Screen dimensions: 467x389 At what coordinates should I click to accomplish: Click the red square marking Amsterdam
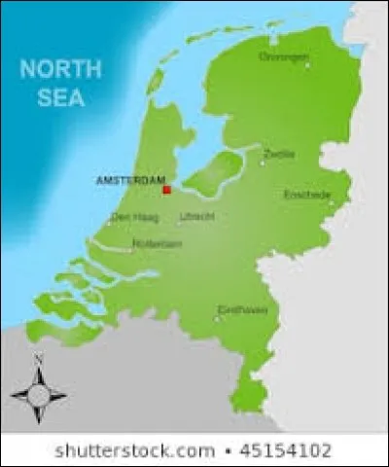click(166, 190)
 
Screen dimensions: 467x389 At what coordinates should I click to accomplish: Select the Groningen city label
click(283, 55)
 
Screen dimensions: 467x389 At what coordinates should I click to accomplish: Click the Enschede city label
click(306, 195)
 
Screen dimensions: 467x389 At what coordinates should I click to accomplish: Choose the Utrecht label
click(195, 216)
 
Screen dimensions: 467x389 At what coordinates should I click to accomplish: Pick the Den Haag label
click(130, 217)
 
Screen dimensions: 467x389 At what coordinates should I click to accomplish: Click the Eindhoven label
click(242, 310)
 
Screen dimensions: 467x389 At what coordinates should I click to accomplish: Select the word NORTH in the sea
click(61, 70)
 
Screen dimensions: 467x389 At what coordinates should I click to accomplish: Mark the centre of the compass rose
click(39, 395)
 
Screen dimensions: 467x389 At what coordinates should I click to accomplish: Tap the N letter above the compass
click(39, 360)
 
